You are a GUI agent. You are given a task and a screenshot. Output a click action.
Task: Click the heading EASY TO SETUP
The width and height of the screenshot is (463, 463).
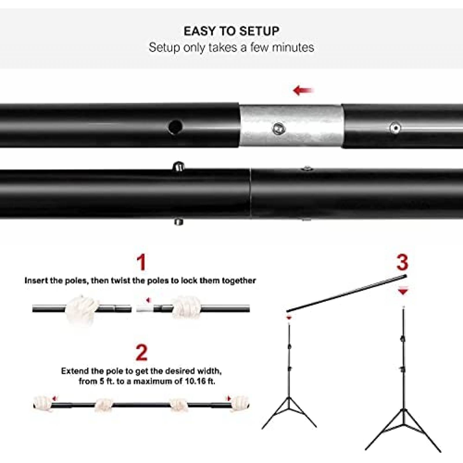coord(231,31)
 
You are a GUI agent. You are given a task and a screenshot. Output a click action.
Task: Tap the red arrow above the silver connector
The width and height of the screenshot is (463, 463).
coord(303,90)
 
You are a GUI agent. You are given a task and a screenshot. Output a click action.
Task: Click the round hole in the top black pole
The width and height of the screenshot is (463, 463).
coord(175,127)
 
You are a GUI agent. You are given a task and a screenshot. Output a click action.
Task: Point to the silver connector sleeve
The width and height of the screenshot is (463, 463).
coord(291,126)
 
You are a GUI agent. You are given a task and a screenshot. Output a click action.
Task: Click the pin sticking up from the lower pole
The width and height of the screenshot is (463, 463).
coord(179,166)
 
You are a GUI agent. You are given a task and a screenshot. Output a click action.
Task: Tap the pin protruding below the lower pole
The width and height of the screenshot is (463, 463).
coord(178,222)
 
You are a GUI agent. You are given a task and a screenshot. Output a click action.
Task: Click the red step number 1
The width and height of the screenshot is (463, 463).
coord(141,262)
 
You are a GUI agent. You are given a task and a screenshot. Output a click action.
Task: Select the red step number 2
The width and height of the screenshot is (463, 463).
coord(142,353)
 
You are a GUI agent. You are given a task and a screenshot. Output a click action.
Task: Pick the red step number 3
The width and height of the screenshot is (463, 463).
coord(402,262)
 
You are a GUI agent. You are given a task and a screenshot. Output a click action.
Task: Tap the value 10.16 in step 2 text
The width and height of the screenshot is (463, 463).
coord(194,381)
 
